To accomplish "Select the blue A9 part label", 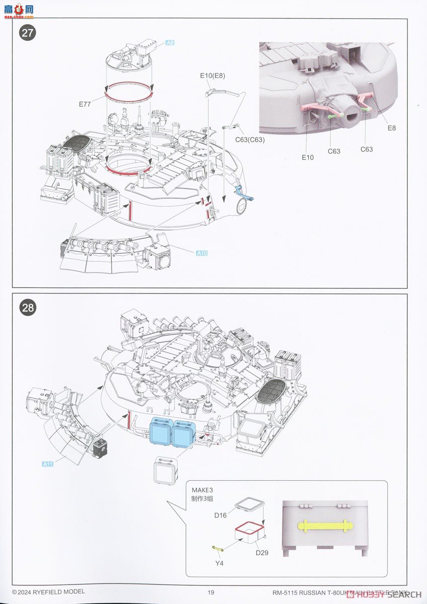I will click(170, 44).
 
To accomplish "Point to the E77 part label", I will click(85, 104).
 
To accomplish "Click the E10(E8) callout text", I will click(212, 76).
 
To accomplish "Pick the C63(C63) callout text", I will click(250, 139).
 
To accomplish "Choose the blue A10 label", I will click(201, 253).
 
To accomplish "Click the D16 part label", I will click(221, 515).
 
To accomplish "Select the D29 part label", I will click(262, 553).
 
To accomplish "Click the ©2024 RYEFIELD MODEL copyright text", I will click(48, 592).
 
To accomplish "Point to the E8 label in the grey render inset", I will click(391, 128).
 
